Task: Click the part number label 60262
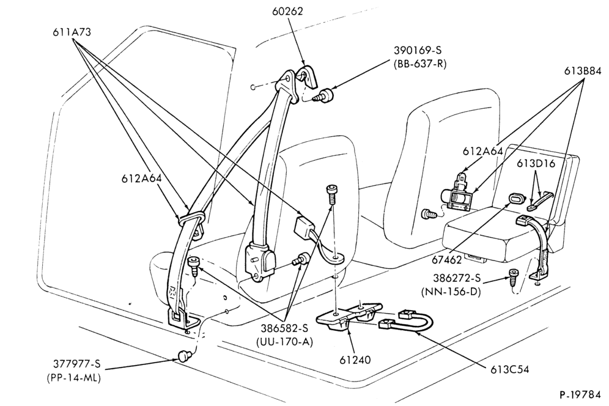pos(288,11)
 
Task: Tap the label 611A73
pos(72,32)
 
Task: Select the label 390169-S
pos(418,50)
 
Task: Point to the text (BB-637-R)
pos(419,64)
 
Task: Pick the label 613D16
pos(536,164)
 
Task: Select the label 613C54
pos(510,369)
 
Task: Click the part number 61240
pos(355,360)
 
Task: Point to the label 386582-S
pos(284,328)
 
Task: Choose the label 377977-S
pos(76,364)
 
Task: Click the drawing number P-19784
pos(580,395)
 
